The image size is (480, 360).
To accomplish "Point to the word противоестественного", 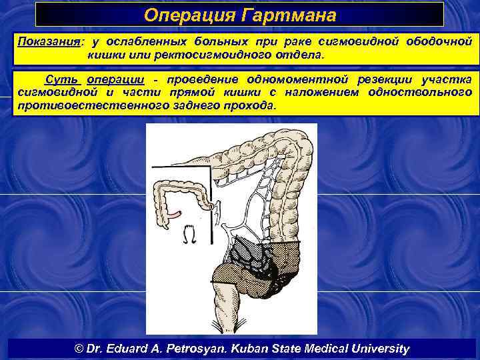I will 93,105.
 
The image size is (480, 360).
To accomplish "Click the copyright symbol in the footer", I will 78,349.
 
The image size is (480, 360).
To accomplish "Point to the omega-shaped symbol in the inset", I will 188,233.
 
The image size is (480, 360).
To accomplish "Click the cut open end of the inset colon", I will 214,206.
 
